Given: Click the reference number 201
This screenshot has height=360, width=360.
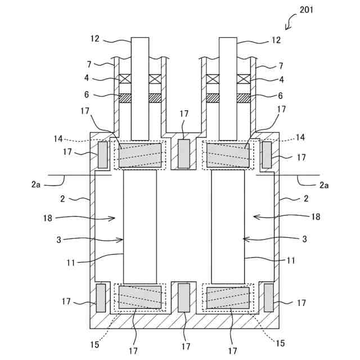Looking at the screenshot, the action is (x=306, y=10).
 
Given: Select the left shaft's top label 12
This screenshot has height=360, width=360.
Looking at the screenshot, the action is (x=94, y=39).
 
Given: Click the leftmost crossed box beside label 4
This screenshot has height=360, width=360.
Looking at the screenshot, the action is (x=125, y=79).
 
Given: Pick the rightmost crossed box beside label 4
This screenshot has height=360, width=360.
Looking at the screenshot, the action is (x=244, y=79).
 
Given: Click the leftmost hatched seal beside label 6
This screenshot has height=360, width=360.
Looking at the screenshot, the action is (x=125, y=98).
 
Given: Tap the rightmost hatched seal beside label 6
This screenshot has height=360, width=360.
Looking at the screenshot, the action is (x=244, y=98).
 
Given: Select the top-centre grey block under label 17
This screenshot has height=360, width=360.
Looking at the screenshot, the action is (x=184, y=154).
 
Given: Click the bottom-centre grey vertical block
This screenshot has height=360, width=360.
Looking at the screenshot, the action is (x=184, y=298).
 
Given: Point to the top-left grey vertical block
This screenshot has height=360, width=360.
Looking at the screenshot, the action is (x=103, y=155).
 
